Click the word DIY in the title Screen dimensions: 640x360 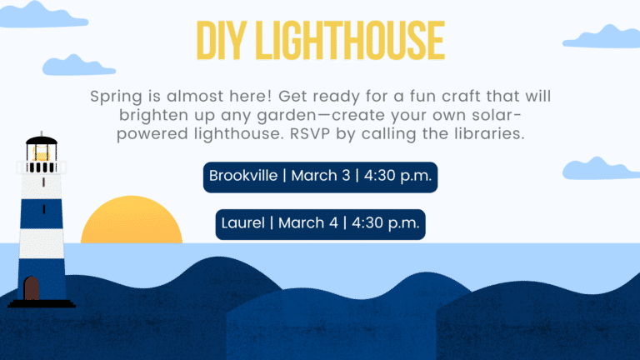[222, 40]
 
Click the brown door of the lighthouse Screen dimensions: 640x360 [32, 288]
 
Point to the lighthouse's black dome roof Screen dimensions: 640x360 [42, 141]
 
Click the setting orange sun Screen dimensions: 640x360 [132, 220]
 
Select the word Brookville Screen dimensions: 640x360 [243, 176]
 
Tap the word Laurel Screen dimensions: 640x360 [243, 223]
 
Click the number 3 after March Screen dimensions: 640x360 [346, 176]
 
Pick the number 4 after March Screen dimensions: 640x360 [333, 223]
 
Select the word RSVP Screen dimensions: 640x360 [310, 134]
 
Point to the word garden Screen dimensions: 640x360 [287, 116]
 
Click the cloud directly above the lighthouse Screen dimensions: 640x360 [79, 66]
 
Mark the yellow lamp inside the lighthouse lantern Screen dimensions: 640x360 [41, 154]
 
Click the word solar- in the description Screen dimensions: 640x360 [497, 116]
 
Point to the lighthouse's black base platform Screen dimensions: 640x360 [42, 303]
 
